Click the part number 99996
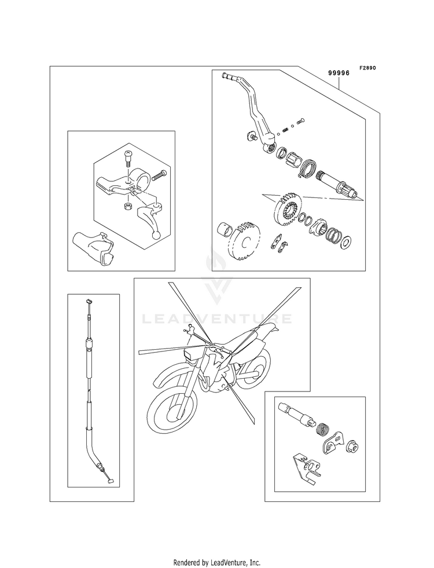[x=339, y=73]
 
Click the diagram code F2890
[x=367, y=68]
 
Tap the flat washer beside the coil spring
[x=346, y=240]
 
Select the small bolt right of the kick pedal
[x=300, y=121]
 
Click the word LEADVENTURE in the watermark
[x=218, y=319]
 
